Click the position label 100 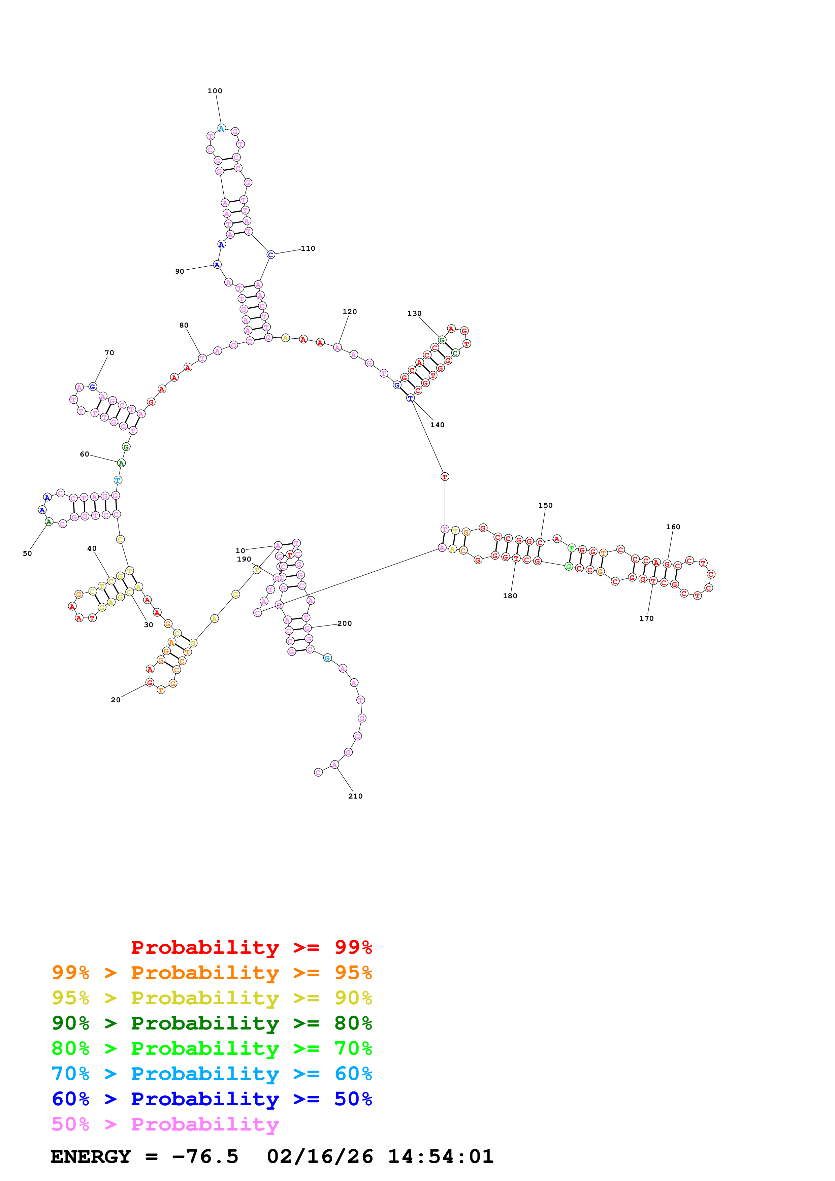(215, 91)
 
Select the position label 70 (109, 353)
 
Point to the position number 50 (27, 553)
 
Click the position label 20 (116, 700)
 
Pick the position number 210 (355, 796)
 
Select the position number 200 (344, 623)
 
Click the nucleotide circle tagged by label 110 (270, 255)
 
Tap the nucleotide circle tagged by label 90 (217, 265)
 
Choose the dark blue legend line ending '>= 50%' (212, 1099)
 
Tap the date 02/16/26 (320, 1156)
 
